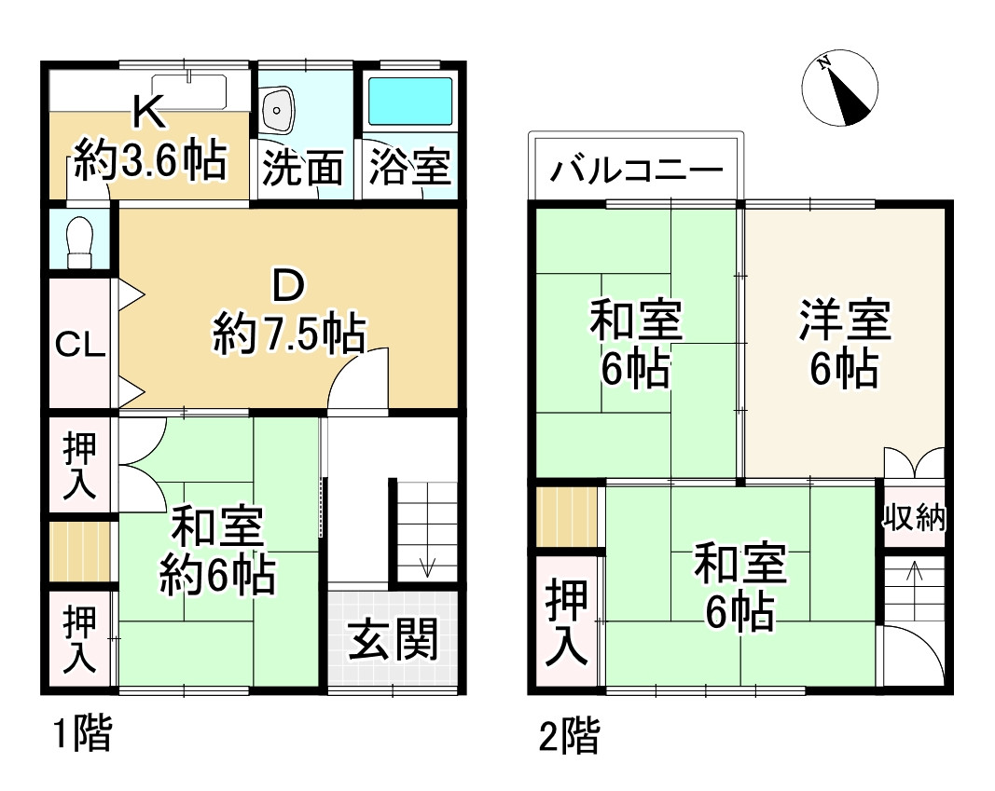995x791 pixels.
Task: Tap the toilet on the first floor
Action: (x=80, y=242)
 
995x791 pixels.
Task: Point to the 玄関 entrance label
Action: (x=394, y=641)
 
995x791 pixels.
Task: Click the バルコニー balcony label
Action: (x=636, y=172)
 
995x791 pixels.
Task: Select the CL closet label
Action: (x=80, y=345)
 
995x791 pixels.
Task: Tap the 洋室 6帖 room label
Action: (x=844, y=344)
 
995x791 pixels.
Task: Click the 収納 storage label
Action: (x=915, y=518)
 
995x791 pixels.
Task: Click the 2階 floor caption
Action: (x=569, y=738)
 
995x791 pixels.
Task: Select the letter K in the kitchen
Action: (x=149, y=113)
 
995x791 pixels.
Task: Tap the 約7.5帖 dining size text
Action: (x=288, y=333)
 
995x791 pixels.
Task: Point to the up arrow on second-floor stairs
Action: (x=914, y=571)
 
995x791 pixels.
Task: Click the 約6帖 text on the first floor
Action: (x=217, y=575)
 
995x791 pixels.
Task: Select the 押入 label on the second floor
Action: (x=568, y=622)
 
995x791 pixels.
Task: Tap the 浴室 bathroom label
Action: (x=409, y=168)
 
